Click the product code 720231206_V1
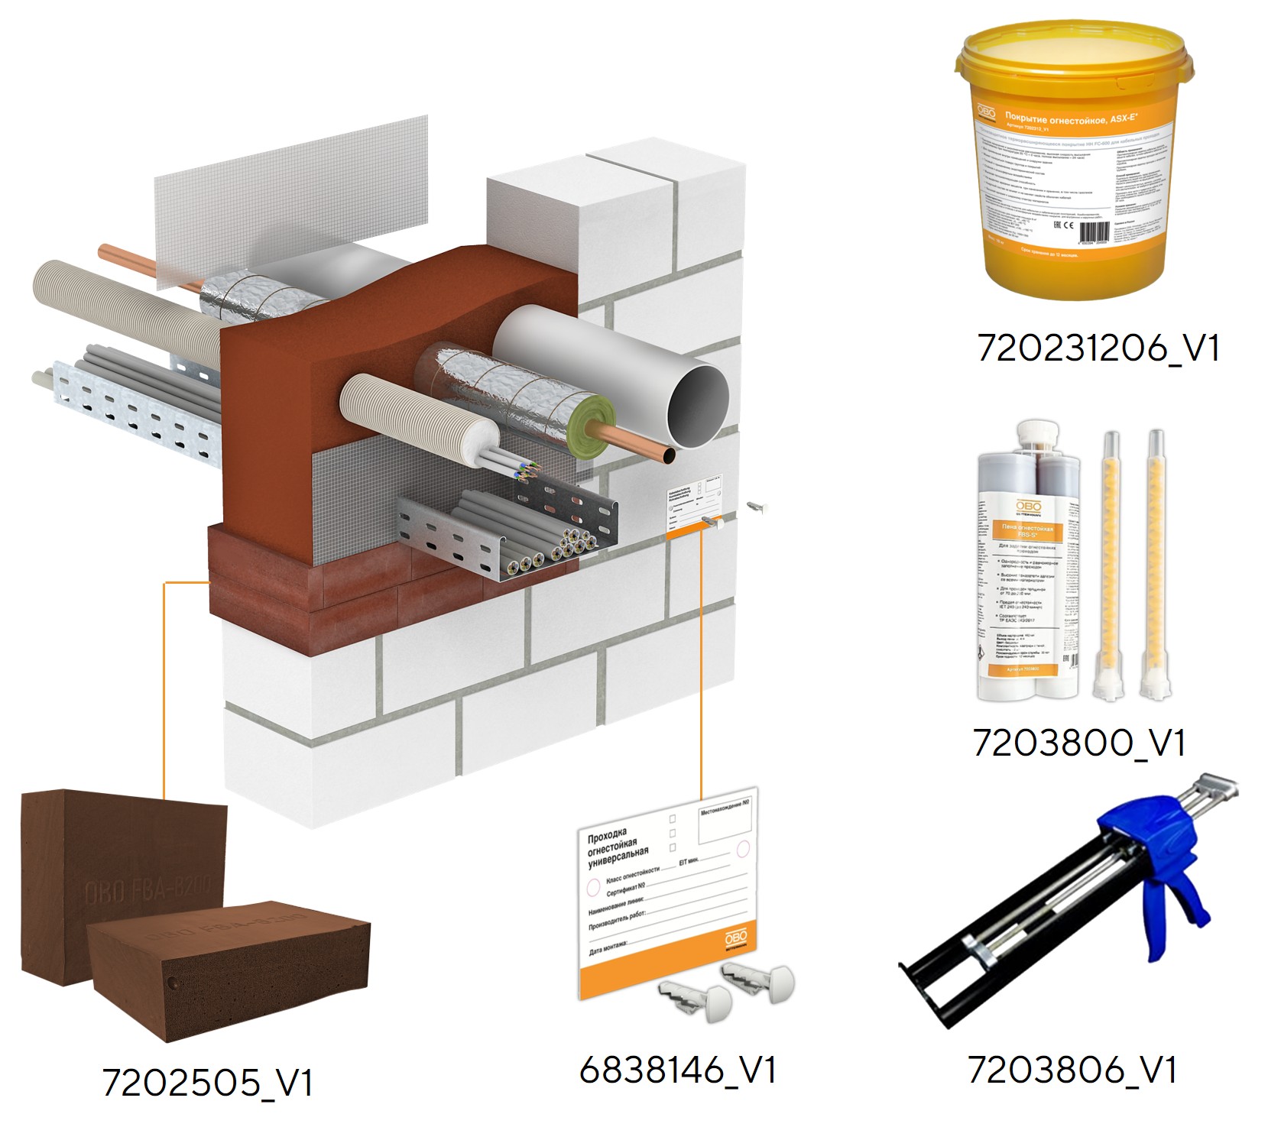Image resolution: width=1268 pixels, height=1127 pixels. (x=1098, y=349)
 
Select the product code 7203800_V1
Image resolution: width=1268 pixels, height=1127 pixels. (x=1078, y=743)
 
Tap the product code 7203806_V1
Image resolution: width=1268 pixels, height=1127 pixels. (x=1072, y=1070)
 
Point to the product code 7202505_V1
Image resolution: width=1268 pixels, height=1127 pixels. (x=207, y=1083)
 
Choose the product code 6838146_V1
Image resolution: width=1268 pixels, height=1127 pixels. (x=678, y=1070)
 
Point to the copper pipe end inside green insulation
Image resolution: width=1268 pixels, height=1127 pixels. (x=669, y=455)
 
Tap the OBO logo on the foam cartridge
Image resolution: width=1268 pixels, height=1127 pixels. (x=1028, y=507)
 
